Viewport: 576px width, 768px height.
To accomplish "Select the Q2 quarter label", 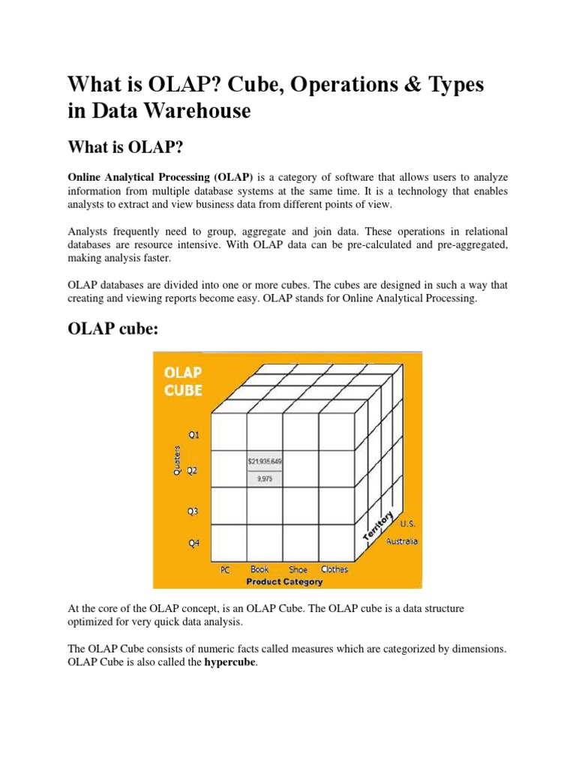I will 192,471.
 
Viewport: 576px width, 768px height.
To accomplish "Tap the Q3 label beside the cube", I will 192,511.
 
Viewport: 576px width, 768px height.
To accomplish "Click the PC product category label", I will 225,570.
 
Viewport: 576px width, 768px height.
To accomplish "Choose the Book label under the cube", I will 259,569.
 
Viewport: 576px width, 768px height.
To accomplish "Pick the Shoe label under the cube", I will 298,569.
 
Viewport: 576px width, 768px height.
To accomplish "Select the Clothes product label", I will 334,569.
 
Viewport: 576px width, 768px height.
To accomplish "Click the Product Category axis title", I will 285,581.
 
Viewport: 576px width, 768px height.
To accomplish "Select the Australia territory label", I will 402,541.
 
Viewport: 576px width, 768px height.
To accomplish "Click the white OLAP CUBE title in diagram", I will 183,381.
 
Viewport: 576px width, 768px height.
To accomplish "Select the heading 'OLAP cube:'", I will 113,330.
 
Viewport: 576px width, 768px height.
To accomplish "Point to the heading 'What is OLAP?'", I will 126,145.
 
